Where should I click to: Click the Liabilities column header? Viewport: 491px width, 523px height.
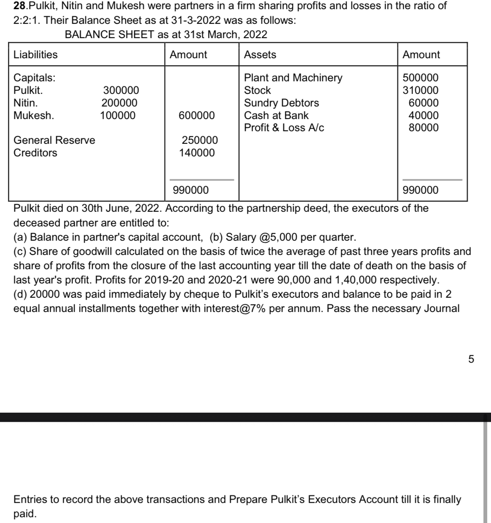click(36, 55)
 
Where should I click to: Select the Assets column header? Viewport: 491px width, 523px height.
click(260, 55)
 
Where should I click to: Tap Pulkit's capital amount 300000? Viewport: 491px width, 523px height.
click(121, 90)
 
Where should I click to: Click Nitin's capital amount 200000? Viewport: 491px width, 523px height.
click(119, 103)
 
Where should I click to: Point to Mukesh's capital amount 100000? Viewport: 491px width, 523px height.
click(118, 115)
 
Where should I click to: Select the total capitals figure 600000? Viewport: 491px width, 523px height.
click(197, 115)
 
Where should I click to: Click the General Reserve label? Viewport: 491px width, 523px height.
click(55, 140)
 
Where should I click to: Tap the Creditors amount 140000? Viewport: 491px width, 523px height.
click(197, 153)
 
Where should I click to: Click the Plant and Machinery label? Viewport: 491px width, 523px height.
click(293, 78)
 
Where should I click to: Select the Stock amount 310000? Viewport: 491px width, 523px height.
click(420, 90)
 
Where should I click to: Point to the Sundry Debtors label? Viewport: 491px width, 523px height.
click(281, 103)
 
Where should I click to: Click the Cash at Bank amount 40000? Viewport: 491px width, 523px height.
click(423, 115)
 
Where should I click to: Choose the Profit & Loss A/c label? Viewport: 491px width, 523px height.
click(284, 127)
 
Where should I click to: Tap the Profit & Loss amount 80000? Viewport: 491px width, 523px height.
click(423, 127)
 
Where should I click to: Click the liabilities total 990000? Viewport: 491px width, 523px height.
click(191, 190)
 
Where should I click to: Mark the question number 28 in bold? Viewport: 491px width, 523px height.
click(19, 6)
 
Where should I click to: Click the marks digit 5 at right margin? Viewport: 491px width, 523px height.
click(471, 359)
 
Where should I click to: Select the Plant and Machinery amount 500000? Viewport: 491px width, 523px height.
click(420, 78)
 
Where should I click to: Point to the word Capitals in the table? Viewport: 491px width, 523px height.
click(34, 78)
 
